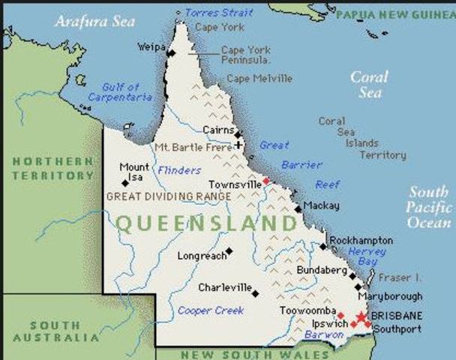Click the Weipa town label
(151, 46)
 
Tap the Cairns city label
(218, 130)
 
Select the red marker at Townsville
(265, 181)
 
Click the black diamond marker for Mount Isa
(124, 183)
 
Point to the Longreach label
(201, 256)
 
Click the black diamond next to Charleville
(256, 293)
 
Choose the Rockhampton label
(361, 240)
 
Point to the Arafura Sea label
(94, 21)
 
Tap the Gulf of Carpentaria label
(114, 92)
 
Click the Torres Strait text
(218, 13)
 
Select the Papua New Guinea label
(394, 13)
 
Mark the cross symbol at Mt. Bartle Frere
(238, 144)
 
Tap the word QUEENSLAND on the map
(207, 223)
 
